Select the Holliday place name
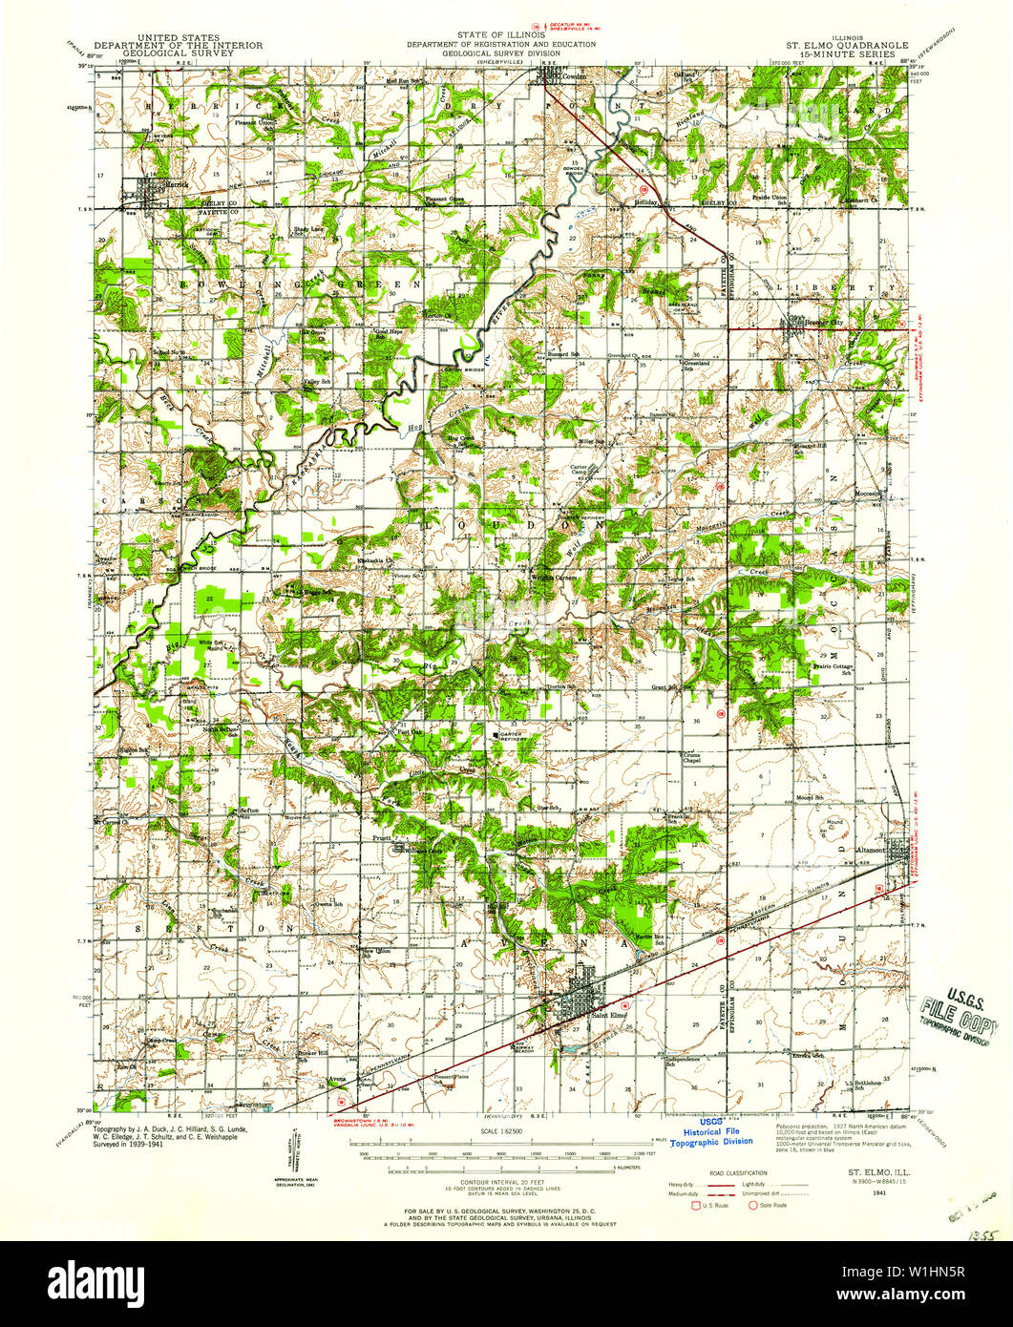tap(650, 201)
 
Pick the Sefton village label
tap(249, 810)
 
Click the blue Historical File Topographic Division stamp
tap(710, 1135)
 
